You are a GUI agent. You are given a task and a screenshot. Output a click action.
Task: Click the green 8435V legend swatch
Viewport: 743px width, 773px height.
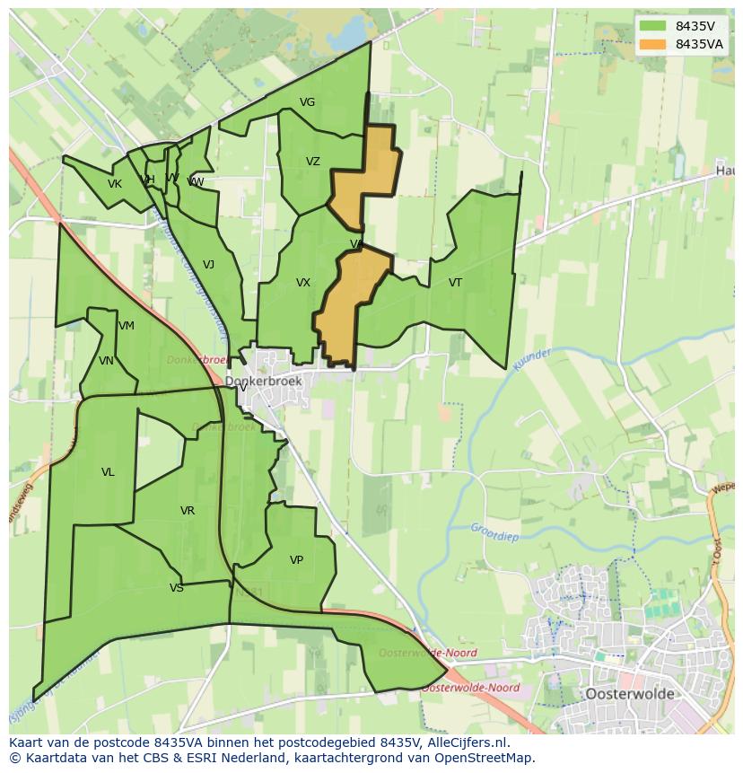(x=652, y=26)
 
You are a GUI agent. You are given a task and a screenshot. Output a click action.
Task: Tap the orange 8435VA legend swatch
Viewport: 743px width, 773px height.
(x=652, y=44)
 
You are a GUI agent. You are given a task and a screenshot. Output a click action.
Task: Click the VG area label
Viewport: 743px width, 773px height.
(x=307, y=102)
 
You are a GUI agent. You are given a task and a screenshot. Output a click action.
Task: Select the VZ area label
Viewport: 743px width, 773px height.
(x=312, y=163)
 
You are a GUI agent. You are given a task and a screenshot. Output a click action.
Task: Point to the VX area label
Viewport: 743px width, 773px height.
(x=303, y=284)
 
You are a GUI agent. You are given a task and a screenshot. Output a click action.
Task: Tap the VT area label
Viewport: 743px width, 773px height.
(x=455, y=284)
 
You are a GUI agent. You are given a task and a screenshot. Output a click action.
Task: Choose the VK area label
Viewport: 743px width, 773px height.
(x=115, y=185)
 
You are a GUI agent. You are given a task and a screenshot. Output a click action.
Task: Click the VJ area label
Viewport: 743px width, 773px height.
(x=208, y=265)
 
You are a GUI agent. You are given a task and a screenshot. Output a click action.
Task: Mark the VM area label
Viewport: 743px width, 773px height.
(x=126, y=326)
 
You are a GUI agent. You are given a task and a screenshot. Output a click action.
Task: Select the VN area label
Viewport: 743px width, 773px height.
(x=106, y=361)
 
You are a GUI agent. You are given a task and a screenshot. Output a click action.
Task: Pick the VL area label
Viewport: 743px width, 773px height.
(x=108, y=472)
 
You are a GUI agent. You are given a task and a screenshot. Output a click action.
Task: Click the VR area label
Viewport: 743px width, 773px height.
(x=187, y=511)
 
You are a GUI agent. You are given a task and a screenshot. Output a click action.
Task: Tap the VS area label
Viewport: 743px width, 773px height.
(x=176, y=589)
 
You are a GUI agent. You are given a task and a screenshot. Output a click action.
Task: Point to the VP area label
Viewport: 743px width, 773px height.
(x=296, y=560)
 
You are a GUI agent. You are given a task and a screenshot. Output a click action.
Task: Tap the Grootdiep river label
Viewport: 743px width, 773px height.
(x=494, y=530)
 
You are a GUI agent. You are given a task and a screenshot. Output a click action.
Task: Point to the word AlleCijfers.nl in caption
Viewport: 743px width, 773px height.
(x=467, y=743)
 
